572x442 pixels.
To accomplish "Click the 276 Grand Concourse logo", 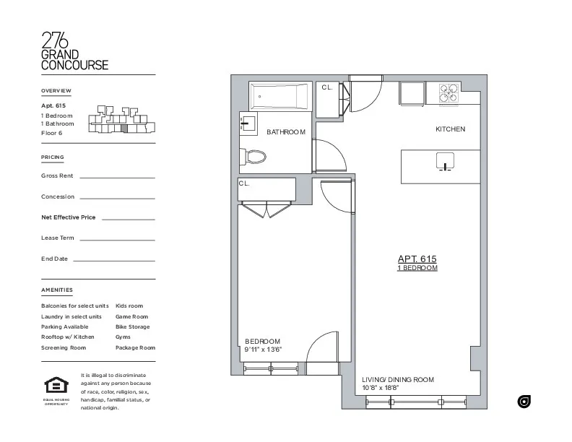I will pyautogui.click(x=74, y=51).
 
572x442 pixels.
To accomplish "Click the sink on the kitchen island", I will pyautogui.click(x=445, y=161).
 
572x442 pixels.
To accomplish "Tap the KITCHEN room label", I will pyautogui.click(x=450, y=129).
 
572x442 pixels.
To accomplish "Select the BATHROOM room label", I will pyautogui.click(x=286, y=132).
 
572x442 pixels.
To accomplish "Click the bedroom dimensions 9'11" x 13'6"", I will pyautogui.click(x=263, y=350).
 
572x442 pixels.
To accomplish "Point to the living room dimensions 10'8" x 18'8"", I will pyautogui.click(x=380, y=388).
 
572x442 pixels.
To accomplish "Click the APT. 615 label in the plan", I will pyautogui.click(x=417, y=259).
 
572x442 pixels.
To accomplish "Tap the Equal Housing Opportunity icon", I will pyautogui.click(x=56, y=386).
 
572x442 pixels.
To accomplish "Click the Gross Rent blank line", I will pyautogui.click(x=116, y=177).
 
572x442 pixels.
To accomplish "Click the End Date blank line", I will pyautogui.click(x=113, y=260).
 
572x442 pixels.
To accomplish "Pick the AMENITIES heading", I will pyautogui.click(x=57, y=290).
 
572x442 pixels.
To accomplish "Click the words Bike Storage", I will pyautogui.click(x=133, y=326).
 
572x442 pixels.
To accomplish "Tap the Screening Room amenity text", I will pyautogui.click(x=64, y=347).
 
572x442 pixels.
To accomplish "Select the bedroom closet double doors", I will pyautogui.click(x=266, y=209).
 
